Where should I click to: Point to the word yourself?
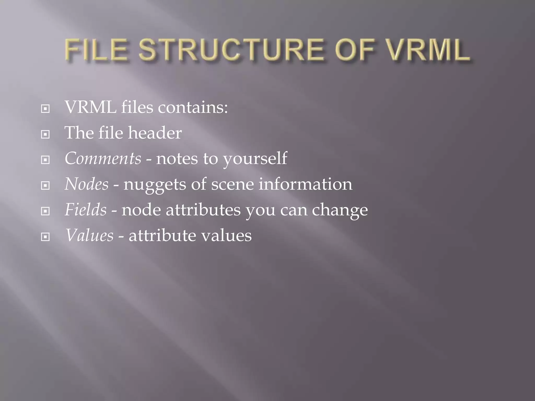tap(255, 159)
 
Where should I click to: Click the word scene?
tap(232, 184)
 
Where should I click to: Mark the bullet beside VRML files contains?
tap(45, 109)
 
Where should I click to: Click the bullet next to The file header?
tap(45, 134)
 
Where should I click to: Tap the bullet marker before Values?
tap(45, 237)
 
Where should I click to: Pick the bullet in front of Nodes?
tap(45, 186)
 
